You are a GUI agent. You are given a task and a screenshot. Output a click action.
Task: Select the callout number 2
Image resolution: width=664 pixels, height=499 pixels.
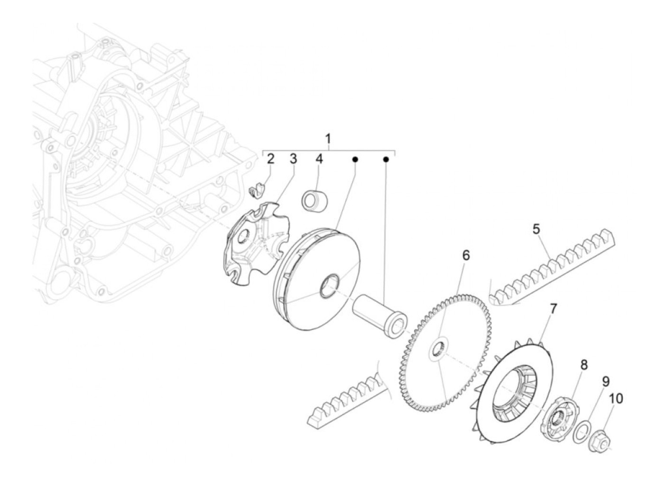pyautogui.click(x=270, y=159)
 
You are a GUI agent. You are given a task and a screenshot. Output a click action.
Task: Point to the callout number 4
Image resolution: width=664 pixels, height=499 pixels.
pyautogui.click(x=319, y=159)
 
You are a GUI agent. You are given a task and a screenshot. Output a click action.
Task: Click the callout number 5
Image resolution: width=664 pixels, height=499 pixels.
pyautogui.click(x=536, y=229)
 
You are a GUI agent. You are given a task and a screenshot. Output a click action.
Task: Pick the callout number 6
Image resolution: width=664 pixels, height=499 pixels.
pyautogui.click(x=466, y=256)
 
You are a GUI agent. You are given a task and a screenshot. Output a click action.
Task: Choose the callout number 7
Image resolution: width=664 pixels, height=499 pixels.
pyautogui.click(x=553, y=309)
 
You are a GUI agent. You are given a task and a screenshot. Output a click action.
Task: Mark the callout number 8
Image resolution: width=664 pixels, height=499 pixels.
pyautogui.click(x=583, y=365)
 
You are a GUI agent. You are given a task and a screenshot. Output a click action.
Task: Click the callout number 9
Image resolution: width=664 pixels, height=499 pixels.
pyautogui.click(x=606, y=381)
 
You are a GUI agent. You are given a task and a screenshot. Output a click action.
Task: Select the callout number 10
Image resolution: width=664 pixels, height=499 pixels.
pyautogui.click(x=616, y=398)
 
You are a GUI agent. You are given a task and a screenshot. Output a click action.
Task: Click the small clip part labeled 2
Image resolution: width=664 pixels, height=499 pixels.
pyautogui.click(x=256, y=193)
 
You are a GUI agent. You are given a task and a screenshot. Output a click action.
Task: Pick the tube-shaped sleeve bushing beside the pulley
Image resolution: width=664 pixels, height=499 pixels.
pyautogui.click(x=379, y=316)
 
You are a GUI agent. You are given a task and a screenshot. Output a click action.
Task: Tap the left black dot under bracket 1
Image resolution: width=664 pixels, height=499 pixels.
pyautogui.click(x=355, y=159)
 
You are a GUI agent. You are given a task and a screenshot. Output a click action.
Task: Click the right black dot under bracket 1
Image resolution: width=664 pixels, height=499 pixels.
pyautogui.click(x=386, y=159)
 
